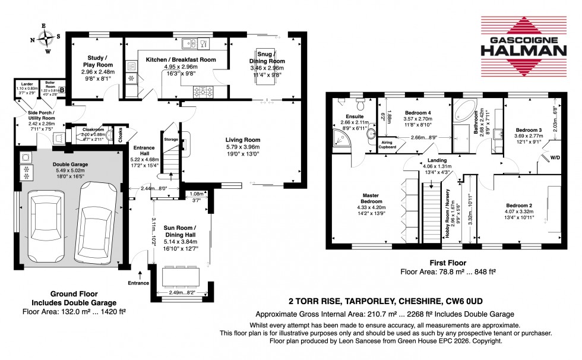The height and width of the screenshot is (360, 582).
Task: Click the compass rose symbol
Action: (45, 38)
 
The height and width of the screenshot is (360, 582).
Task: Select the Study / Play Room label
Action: (97, 66)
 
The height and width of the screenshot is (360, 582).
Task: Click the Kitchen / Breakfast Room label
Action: (176, 61)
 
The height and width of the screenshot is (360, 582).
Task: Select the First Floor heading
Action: (448, 262)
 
